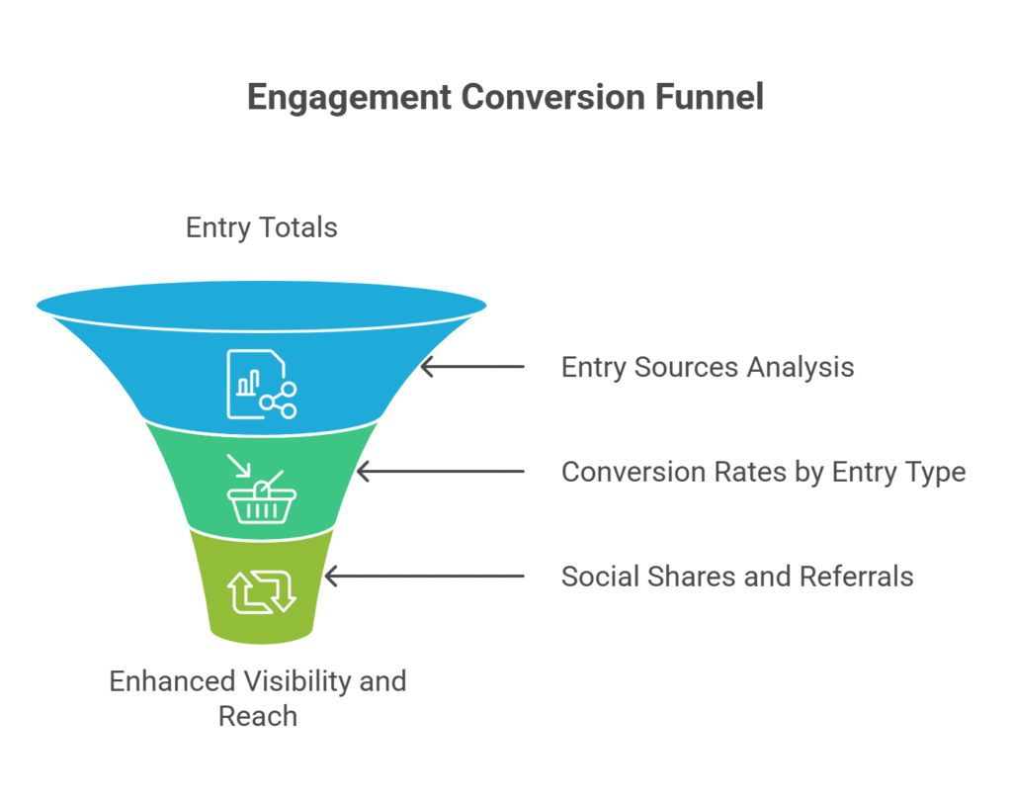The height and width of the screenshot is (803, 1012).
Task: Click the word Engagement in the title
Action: pos(349,98)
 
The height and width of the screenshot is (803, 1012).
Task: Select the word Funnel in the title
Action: pos(710,97)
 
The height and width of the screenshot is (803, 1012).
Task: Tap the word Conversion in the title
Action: pos(553,97)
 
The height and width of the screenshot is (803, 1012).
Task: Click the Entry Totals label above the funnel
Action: pos(261,228)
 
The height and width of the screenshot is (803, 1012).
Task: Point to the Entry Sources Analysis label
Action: pos(708,368)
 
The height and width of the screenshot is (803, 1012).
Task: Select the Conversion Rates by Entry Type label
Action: pos(764,473)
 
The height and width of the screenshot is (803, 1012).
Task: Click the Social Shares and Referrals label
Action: pos(737,577)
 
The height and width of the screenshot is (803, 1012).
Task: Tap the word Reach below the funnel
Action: pos(258,716)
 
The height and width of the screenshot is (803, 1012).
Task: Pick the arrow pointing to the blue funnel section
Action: pos(472,366)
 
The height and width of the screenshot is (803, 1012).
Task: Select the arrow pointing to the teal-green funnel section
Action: pos(441,471)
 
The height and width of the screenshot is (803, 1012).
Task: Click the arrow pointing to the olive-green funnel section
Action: pos(425,576)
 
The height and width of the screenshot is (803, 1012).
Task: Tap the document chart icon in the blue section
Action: pos(261,385)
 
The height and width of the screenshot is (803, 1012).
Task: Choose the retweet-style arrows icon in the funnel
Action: pos(261,591)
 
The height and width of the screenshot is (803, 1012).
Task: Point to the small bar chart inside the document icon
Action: pos(248,383)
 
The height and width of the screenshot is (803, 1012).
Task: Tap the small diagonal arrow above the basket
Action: pos(238,466)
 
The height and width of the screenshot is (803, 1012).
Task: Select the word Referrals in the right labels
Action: pos(856,577)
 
